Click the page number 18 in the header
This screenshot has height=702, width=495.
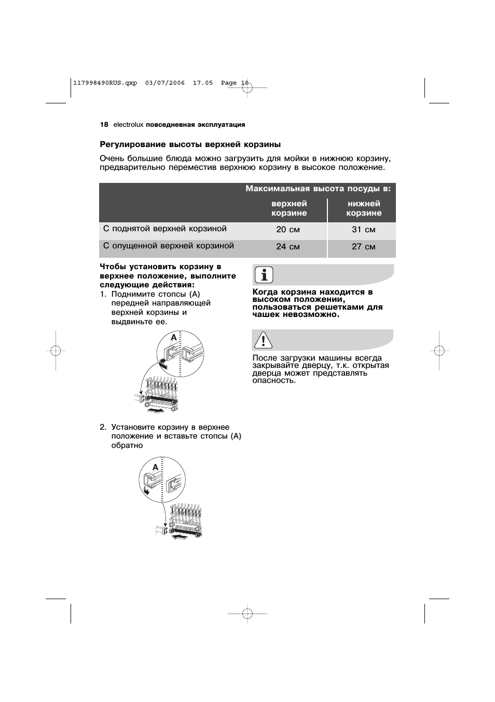[104, 125]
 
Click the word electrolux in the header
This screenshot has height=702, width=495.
[128, 125]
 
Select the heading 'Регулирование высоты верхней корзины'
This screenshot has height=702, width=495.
[190, 144]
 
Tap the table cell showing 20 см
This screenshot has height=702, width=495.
[288, 230]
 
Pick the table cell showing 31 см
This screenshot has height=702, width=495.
[363, 230]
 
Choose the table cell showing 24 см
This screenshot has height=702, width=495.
[288, 247]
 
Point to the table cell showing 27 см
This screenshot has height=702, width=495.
[363, 247]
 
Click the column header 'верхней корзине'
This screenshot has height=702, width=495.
[289, 208]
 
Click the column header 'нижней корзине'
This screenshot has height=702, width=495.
[364, 208]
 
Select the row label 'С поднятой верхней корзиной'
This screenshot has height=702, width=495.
[165, 229]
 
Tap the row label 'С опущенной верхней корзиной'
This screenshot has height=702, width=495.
[169, 246]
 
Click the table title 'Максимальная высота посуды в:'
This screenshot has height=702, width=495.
[318, 189]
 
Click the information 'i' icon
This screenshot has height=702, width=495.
[264, 275]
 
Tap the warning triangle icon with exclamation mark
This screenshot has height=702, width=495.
[264, 340]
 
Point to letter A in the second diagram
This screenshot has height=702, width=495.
[155, 468]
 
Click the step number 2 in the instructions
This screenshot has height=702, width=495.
[103, 427]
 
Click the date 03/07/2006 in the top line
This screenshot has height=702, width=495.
[165, 83]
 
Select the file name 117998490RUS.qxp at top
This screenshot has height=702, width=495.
[105, 83]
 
